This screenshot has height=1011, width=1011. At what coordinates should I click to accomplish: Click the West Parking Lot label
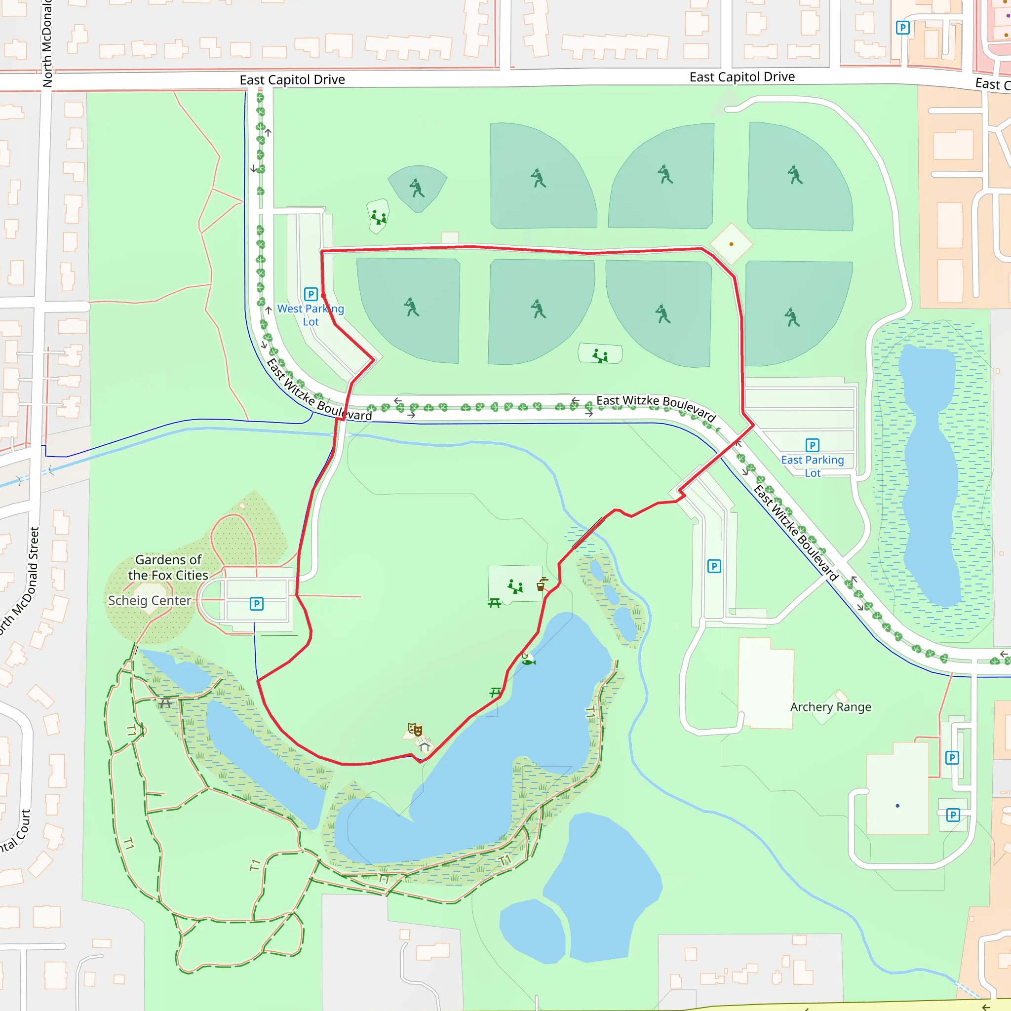coord(311,315)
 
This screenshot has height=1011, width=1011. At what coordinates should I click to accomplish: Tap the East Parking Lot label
coord(812,466)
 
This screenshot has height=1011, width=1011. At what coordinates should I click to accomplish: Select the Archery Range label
coord(830,707)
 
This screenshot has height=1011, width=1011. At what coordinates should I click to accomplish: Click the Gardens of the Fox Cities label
coord(168,567)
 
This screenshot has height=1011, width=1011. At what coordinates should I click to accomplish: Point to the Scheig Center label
coord(149,600)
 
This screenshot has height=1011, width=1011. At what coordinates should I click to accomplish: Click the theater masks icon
coord(415,729)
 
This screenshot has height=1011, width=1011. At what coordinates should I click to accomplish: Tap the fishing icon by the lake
coord(528,661)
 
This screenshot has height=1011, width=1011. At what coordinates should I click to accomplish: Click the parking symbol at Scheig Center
coord(256,604)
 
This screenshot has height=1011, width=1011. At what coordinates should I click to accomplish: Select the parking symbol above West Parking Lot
coord(311,294)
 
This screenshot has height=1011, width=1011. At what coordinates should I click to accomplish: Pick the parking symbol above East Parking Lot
coord(812,445)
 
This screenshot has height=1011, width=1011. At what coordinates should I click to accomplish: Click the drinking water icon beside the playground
coord(541,584)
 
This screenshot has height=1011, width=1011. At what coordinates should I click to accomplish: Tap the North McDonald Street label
coord(20,581)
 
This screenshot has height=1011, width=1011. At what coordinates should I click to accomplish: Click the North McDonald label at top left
coord(47,42)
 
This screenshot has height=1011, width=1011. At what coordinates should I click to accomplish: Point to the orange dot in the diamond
coord(731,244)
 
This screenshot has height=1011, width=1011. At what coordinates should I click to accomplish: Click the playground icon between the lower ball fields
coord(600,356)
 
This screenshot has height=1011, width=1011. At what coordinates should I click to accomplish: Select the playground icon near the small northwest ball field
coord(378,216)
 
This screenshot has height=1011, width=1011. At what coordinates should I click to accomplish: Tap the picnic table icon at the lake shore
coord(495,693)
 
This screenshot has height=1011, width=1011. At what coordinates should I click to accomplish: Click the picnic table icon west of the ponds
coord(165,703)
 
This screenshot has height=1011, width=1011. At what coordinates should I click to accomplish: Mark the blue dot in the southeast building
coord(897,806)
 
